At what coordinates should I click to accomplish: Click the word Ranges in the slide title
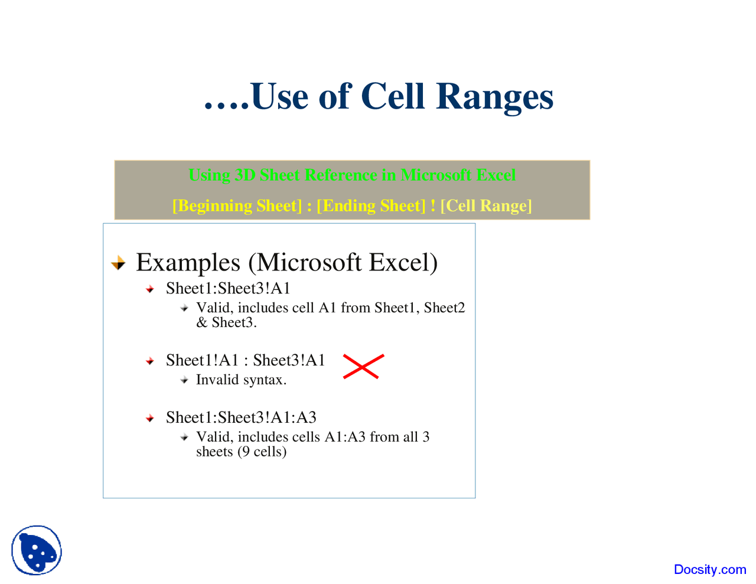click(x=494, y=97)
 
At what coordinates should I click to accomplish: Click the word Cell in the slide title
click(x=392, y=96)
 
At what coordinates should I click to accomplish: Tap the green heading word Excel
click(x=496, y=175)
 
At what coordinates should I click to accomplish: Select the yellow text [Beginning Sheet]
click(x=237, y=205)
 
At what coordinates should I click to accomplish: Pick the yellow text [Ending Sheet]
click(x=370, y=205)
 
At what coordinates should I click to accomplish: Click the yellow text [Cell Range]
click(x=486, y=205)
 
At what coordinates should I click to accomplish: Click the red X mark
click(x=363, y=367)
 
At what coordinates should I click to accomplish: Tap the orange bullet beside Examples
click(x=119, y=263)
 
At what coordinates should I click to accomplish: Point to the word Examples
click(x=188, y=263)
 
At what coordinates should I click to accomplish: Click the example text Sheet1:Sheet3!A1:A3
click(x=241, y=417)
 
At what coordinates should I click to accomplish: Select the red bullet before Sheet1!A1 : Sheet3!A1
click(x=150, y=361)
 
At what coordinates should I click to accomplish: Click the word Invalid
click(x=217, y=380)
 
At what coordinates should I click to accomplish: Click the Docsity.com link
click(x=709, y=569)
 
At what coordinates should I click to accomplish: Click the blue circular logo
click(x=37, y=550)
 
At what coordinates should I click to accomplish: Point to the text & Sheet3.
click(x=226, y=322)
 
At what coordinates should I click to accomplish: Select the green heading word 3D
click(x=245, y=175)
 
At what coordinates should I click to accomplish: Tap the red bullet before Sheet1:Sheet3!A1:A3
click(x=150, y=418)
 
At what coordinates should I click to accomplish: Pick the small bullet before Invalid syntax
click(x=184, y=380)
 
